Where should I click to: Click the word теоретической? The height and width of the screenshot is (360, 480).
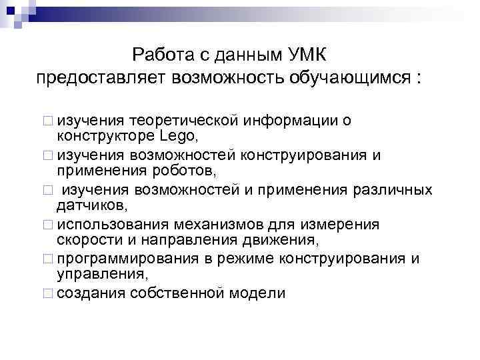tap(184, 121)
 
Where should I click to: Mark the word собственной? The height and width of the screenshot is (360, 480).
tap(173, 293)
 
